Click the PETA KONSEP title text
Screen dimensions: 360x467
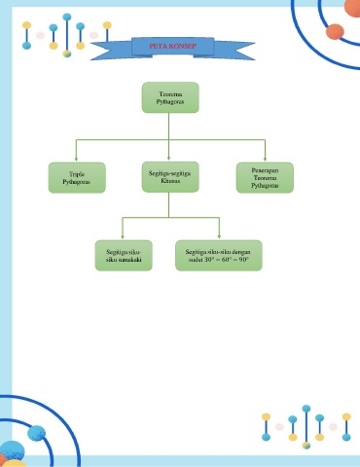pos(172,46)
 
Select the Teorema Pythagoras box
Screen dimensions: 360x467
pos(170,97)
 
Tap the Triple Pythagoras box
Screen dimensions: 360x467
pos(77,178)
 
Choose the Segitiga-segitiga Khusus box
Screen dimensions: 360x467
pos(170,177)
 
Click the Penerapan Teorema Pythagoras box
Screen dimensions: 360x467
pos(265,178)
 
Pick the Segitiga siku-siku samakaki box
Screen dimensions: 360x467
pos(124,256)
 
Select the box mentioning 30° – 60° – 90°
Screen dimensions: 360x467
pos(219,256)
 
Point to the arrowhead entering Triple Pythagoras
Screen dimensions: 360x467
pos(76,159)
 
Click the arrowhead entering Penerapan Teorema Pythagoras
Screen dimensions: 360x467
pos(265,159)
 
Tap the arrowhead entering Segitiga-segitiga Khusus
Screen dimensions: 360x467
pos(168,158)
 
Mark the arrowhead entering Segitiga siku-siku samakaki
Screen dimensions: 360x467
pos(123,236)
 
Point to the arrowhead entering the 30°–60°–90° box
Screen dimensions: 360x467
pos(219,236)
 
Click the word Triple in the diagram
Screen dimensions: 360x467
pos(77,174)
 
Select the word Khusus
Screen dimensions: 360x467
pos(170,181)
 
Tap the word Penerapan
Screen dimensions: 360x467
pos(265,170)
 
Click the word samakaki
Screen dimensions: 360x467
pos(130,260)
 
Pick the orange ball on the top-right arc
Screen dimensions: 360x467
pos(335,31)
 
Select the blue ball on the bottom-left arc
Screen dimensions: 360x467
pos(36,433)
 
